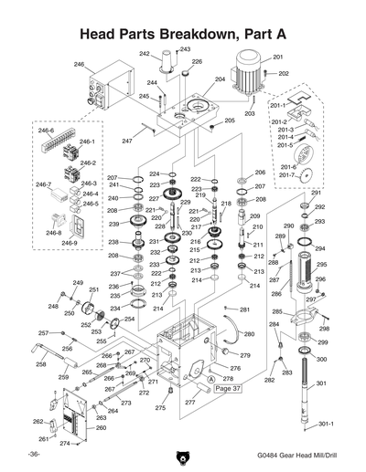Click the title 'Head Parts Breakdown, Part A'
183,33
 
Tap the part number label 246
79,65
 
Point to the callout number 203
249,113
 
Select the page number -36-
33,454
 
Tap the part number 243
185,49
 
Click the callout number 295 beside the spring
320,265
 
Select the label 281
245,309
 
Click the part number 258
41,364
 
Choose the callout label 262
38,421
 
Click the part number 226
196,62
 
